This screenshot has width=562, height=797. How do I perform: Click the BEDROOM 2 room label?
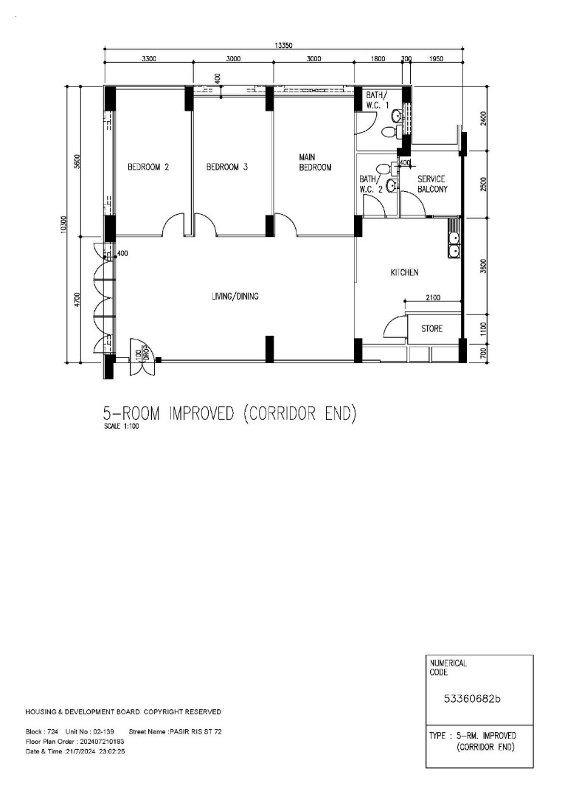[x=148, y=167]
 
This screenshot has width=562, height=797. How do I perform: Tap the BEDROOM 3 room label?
[x=227, y=167]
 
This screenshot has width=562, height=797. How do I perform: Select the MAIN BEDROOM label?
[x=315, y=162]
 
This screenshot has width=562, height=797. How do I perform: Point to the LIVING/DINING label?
[x=235, y=296]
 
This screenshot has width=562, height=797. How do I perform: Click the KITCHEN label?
[x=404, y=272]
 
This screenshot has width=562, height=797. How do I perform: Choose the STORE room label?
[x=432, y=329]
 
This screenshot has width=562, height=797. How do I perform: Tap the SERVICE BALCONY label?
[x=432, y=184]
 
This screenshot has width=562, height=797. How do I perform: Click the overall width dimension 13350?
[x=283, y=45]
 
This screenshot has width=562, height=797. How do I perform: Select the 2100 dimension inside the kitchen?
[x=432, y=298]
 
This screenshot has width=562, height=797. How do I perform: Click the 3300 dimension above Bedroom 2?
[x=148, y=58]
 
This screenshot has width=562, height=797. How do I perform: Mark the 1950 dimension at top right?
[x=437, y=58]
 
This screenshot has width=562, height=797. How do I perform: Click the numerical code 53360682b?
[x=472, y=699]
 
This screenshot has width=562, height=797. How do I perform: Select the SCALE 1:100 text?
[x=122, y=427]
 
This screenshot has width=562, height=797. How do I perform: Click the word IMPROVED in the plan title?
[x=201, y=414]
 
